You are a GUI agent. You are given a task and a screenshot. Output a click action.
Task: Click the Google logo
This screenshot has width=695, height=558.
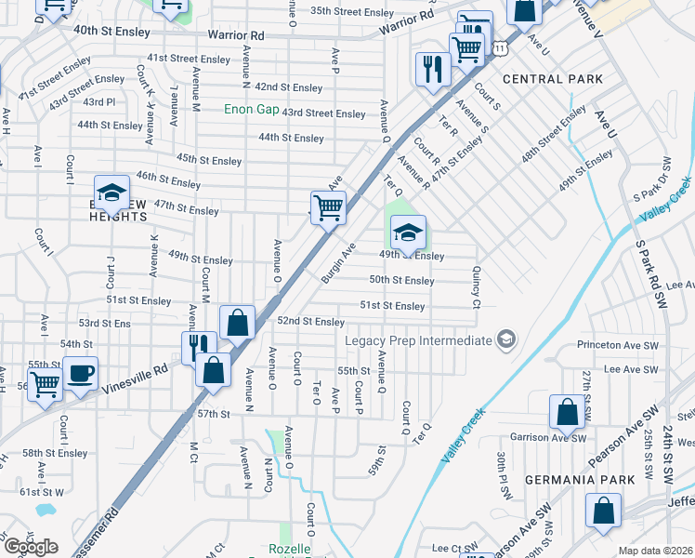click(x=31, y=547)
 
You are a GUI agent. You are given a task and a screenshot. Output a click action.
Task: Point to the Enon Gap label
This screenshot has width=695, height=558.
click(x=251, y=109)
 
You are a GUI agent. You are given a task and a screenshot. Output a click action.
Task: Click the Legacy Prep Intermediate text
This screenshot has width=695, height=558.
click(x=417, y=340)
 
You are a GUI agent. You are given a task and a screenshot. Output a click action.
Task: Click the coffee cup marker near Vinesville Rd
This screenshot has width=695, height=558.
click(x=80, y=374)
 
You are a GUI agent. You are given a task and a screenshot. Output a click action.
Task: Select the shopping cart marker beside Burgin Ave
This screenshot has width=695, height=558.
click(x=327, y=207)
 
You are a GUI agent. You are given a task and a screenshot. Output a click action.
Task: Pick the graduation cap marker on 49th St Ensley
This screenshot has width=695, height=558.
click(x=407, y=232)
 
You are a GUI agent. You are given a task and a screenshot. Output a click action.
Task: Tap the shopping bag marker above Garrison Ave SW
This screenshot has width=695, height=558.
click(x=567, y=411)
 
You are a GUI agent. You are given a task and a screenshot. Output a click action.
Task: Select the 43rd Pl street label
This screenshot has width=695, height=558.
click(x=98, y=101)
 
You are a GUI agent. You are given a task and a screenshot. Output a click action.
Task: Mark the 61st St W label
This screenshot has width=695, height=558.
click(x=43, y=491)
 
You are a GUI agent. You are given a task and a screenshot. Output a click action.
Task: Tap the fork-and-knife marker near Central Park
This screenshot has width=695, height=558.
click(x=433, y=69)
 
